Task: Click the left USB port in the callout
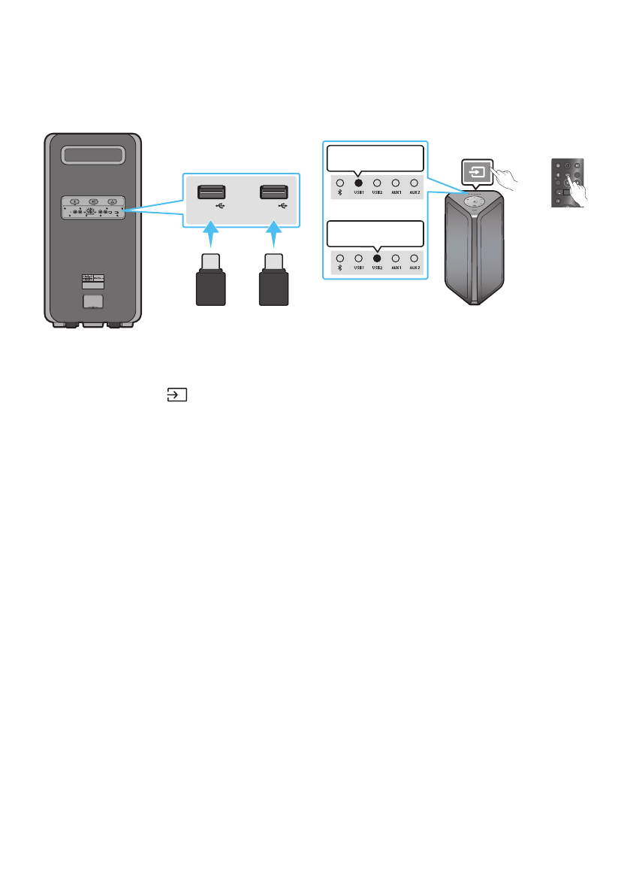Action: click(211, 192)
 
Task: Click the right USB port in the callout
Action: click(273, 192)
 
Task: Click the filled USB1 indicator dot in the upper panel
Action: click(358, 183)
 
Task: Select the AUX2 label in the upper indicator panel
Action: click(413, 192)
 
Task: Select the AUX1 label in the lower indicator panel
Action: click(395, 268)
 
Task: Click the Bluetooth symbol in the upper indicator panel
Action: click(340, 192)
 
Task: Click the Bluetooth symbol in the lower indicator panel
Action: click(340, 268)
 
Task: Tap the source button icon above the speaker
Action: click(476, 171)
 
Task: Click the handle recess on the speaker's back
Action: click(93, 156)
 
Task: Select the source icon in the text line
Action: click(176, 395)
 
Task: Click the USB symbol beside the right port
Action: click(283, 204)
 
